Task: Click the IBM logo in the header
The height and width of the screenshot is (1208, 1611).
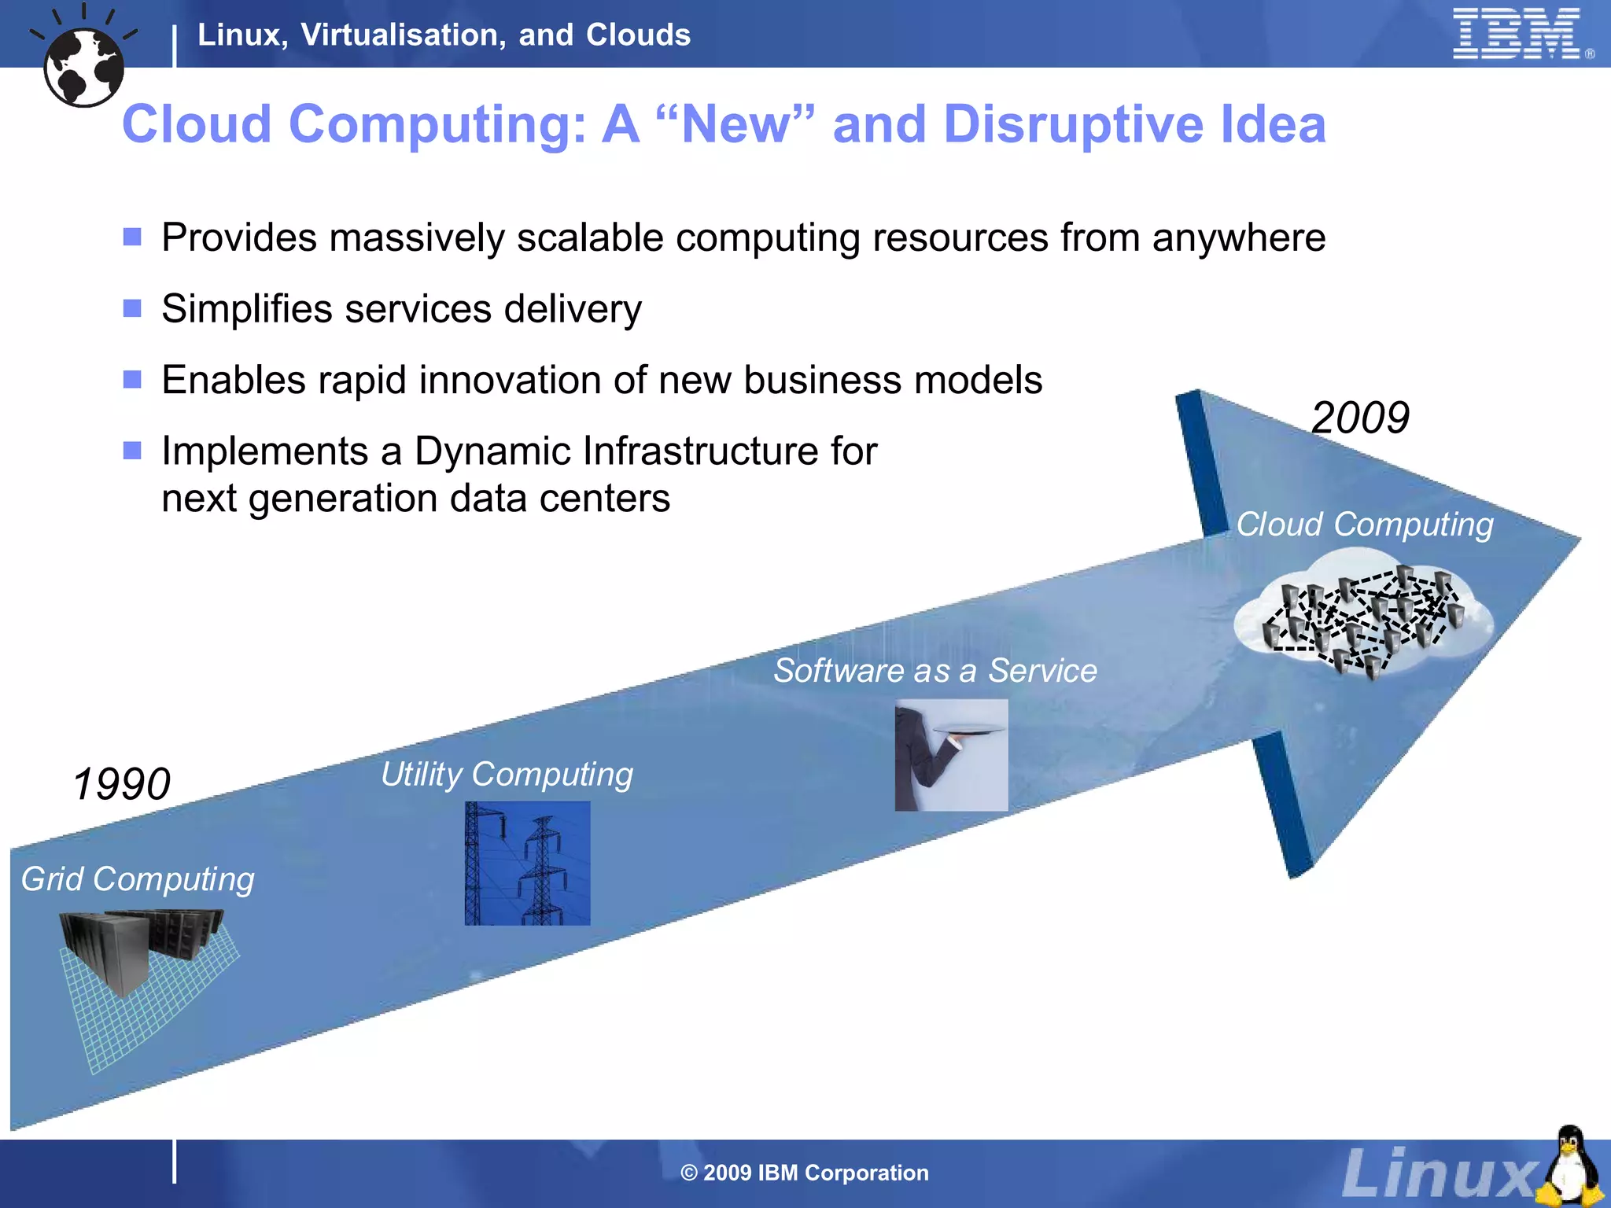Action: tap(1517, 34)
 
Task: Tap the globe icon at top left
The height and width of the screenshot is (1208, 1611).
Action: tap(84, 66)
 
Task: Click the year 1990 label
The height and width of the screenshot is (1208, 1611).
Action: tap(122, 784)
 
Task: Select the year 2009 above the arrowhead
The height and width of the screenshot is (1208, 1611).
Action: tap(1360, 418)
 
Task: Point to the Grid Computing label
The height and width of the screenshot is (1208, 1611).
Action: tap(138, 879)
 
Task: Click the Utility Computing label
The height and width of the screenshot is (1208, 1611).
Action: tap(507, 775)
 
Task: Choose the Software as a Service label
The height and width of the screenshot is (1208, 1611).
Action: tap(935, 671)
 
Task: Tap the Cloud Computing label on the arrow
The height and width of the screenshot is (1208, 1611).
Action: tap(1365, 525)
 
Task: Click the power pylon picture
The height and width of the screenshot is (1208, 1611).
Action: tap(527, 864)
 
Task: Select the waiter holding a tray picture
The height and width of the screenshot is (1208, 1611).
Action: tap(951, 755)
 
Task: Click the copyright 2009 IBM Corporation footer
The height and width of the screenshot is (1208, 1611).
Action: tap(805, 1173)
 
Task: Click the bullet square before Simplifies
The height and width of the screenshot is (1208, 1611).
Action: tap(132, 308)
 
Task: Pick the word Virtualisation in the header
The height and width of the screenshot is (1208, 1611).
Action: tap(404, 35)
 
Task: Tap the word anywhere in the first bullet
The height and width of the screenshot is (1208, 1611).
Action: tap(1239, 238)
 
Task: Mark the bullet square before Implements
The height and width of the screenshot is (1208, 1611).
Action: tap(132, 451)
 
